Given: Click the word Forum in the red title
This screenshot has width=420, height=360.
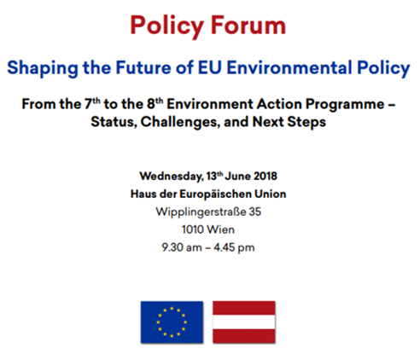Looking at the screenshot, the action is [x=248, y=26].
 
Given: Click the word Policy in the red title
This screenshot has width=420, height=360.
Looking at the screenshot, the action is [x=166, y=26].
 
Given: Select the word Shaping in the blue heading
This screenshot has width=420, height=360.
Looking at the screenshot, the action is [x=43, y=68].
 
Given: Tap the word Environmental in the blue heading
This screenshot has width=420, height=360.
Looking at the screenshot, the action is [x=289, y=67].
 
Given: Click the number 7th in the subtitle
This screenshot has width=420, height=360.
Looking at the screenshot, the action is [x=92, y=103].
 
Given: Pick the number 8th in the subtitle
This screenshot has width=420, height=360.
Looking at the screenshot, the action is [x=155, y=103].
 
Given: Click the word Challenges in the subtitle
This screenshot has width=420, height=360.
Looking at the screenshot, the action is [x=180, y=122].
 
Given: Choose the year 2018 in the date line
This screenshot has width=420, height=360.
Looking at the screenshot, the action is [x=265, y=176].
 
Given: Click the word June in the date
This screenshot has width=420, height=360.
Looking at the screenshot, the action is [x=237, y=176].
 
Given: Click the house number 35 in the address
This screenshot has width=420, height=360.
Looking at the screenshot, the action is [x=255, y=212].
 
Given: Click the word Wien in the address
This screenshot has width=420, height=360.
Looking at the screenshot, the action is [x=221, y=229].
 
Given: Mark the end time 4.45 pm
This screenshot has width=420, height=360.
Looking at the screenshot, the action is [x=234, y=247].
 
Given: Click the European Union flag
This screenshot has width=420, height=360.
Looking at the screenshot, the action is [x=172, y=322].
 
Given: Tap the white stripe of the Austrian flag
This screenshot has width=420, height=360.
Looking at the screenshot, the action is [x=244, y=322].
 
